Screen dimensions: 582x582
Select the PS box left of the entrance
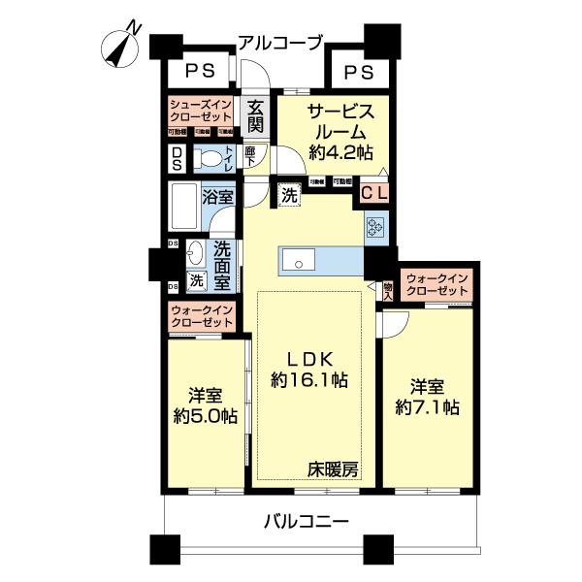(x=201, y=71)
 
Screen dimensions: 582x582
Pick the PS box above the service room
(x=357, y=71)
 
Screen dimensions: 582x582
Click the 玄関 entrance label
(x=255, y=118)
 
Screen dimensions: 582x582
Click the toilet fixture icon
(x=208, y=158)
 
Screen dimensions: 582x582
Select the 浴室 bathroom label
(x=218, y=196)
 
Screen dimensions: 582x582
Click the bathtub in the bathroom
(x=183, y=204)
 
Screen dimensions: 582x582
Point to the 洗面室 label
(x=222, y=264)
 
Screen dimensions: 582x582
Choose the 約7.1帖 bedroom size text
(x=428, y=407)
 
